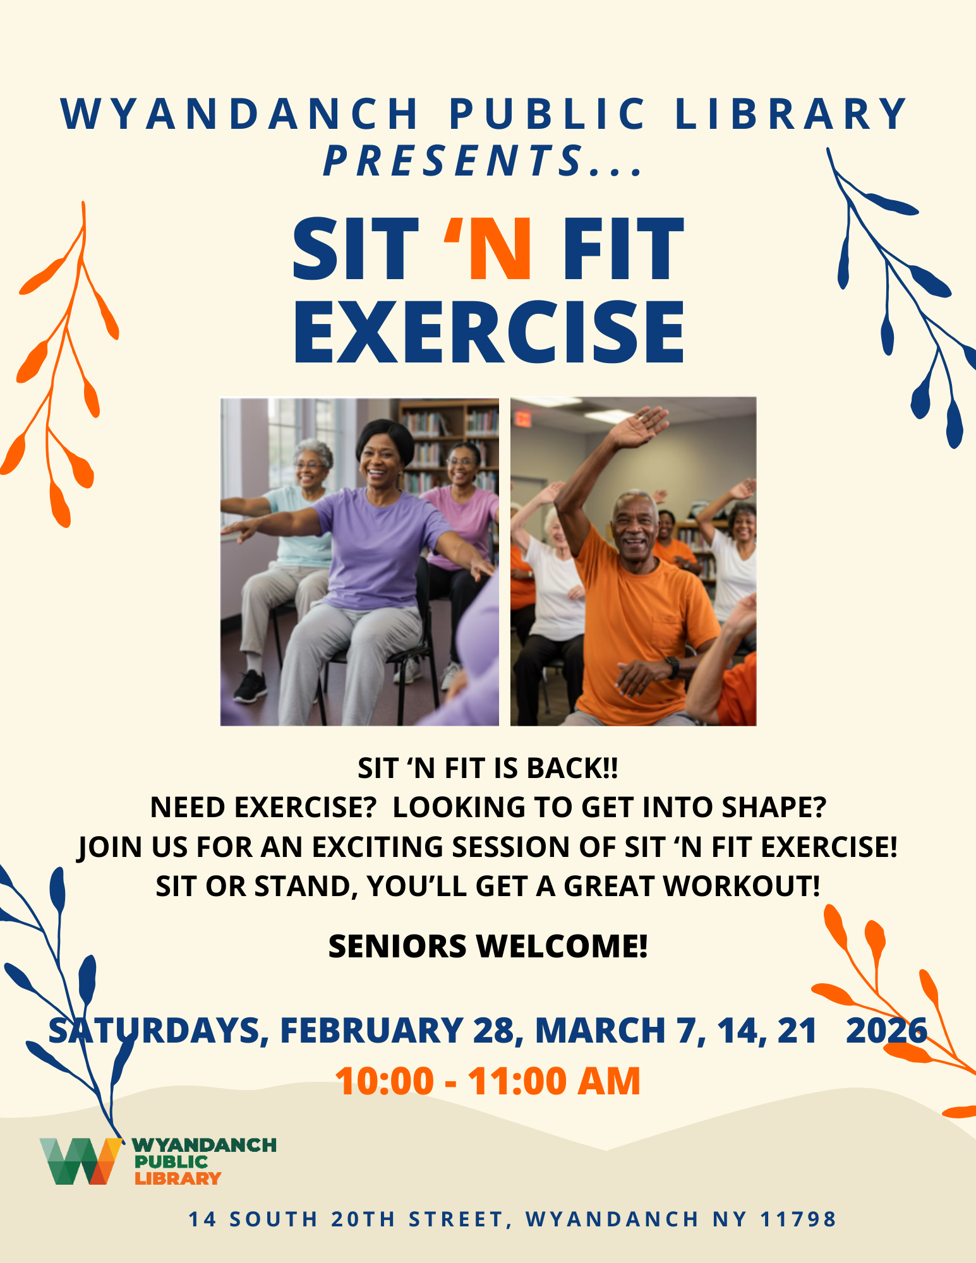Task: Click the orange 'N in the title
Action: click(488, 249)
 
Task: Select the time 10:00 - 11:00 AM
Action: click(488, 1080)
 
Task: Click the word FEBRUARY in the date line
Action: click(371, 1031)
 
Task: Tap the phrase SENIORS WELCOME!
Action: click(488, 947)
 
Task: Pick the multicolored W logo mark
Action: click(81, 1161)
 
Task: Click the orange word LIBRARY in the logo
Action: click(178, 1178)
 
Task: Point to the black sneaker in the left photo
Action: click(250, 686)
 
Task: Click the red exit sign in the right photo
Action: click(522, 418)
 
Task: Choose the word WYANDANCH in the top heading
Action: click(240, 114)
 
